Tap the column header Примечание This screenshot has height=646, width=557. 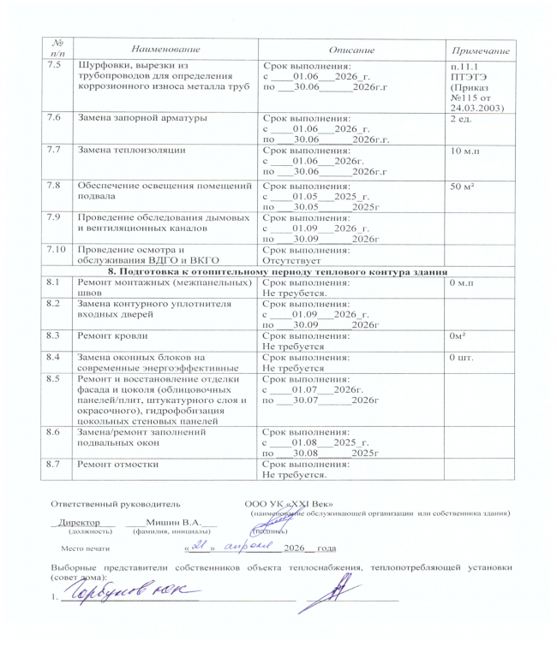click(482, 54)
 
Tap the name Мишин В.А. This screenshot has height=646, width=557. click(173, 522)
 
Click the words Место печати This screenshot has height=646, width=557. click(87, 548)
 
